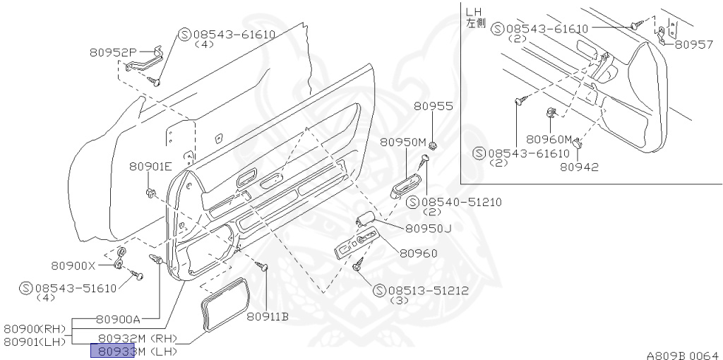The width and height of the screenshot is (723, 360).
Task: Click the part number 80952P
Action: pos(113,52)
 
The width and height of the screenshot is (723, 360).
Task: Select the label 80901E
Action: pos(150,167)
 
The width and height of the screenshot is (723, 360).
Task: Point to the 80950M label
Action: pos(402,142)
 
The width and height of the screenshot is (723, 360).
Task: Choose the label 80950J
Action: pos(428,228)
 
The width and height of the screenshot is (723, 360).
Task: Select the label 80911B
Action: pos(268,316)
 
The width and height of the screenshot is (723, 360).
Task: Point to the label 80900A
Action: pos(118,319)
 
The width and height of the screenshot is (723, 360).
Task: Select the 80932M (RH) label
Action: pos(138,338)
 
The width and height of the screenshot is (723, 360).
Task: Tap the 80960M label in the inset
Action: pos(549,139)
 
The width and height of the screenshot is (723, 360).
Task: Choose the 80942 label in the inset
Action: pos(579,167)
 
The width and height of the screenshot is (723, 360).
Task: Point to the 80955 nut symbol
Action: pos(433,145)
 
